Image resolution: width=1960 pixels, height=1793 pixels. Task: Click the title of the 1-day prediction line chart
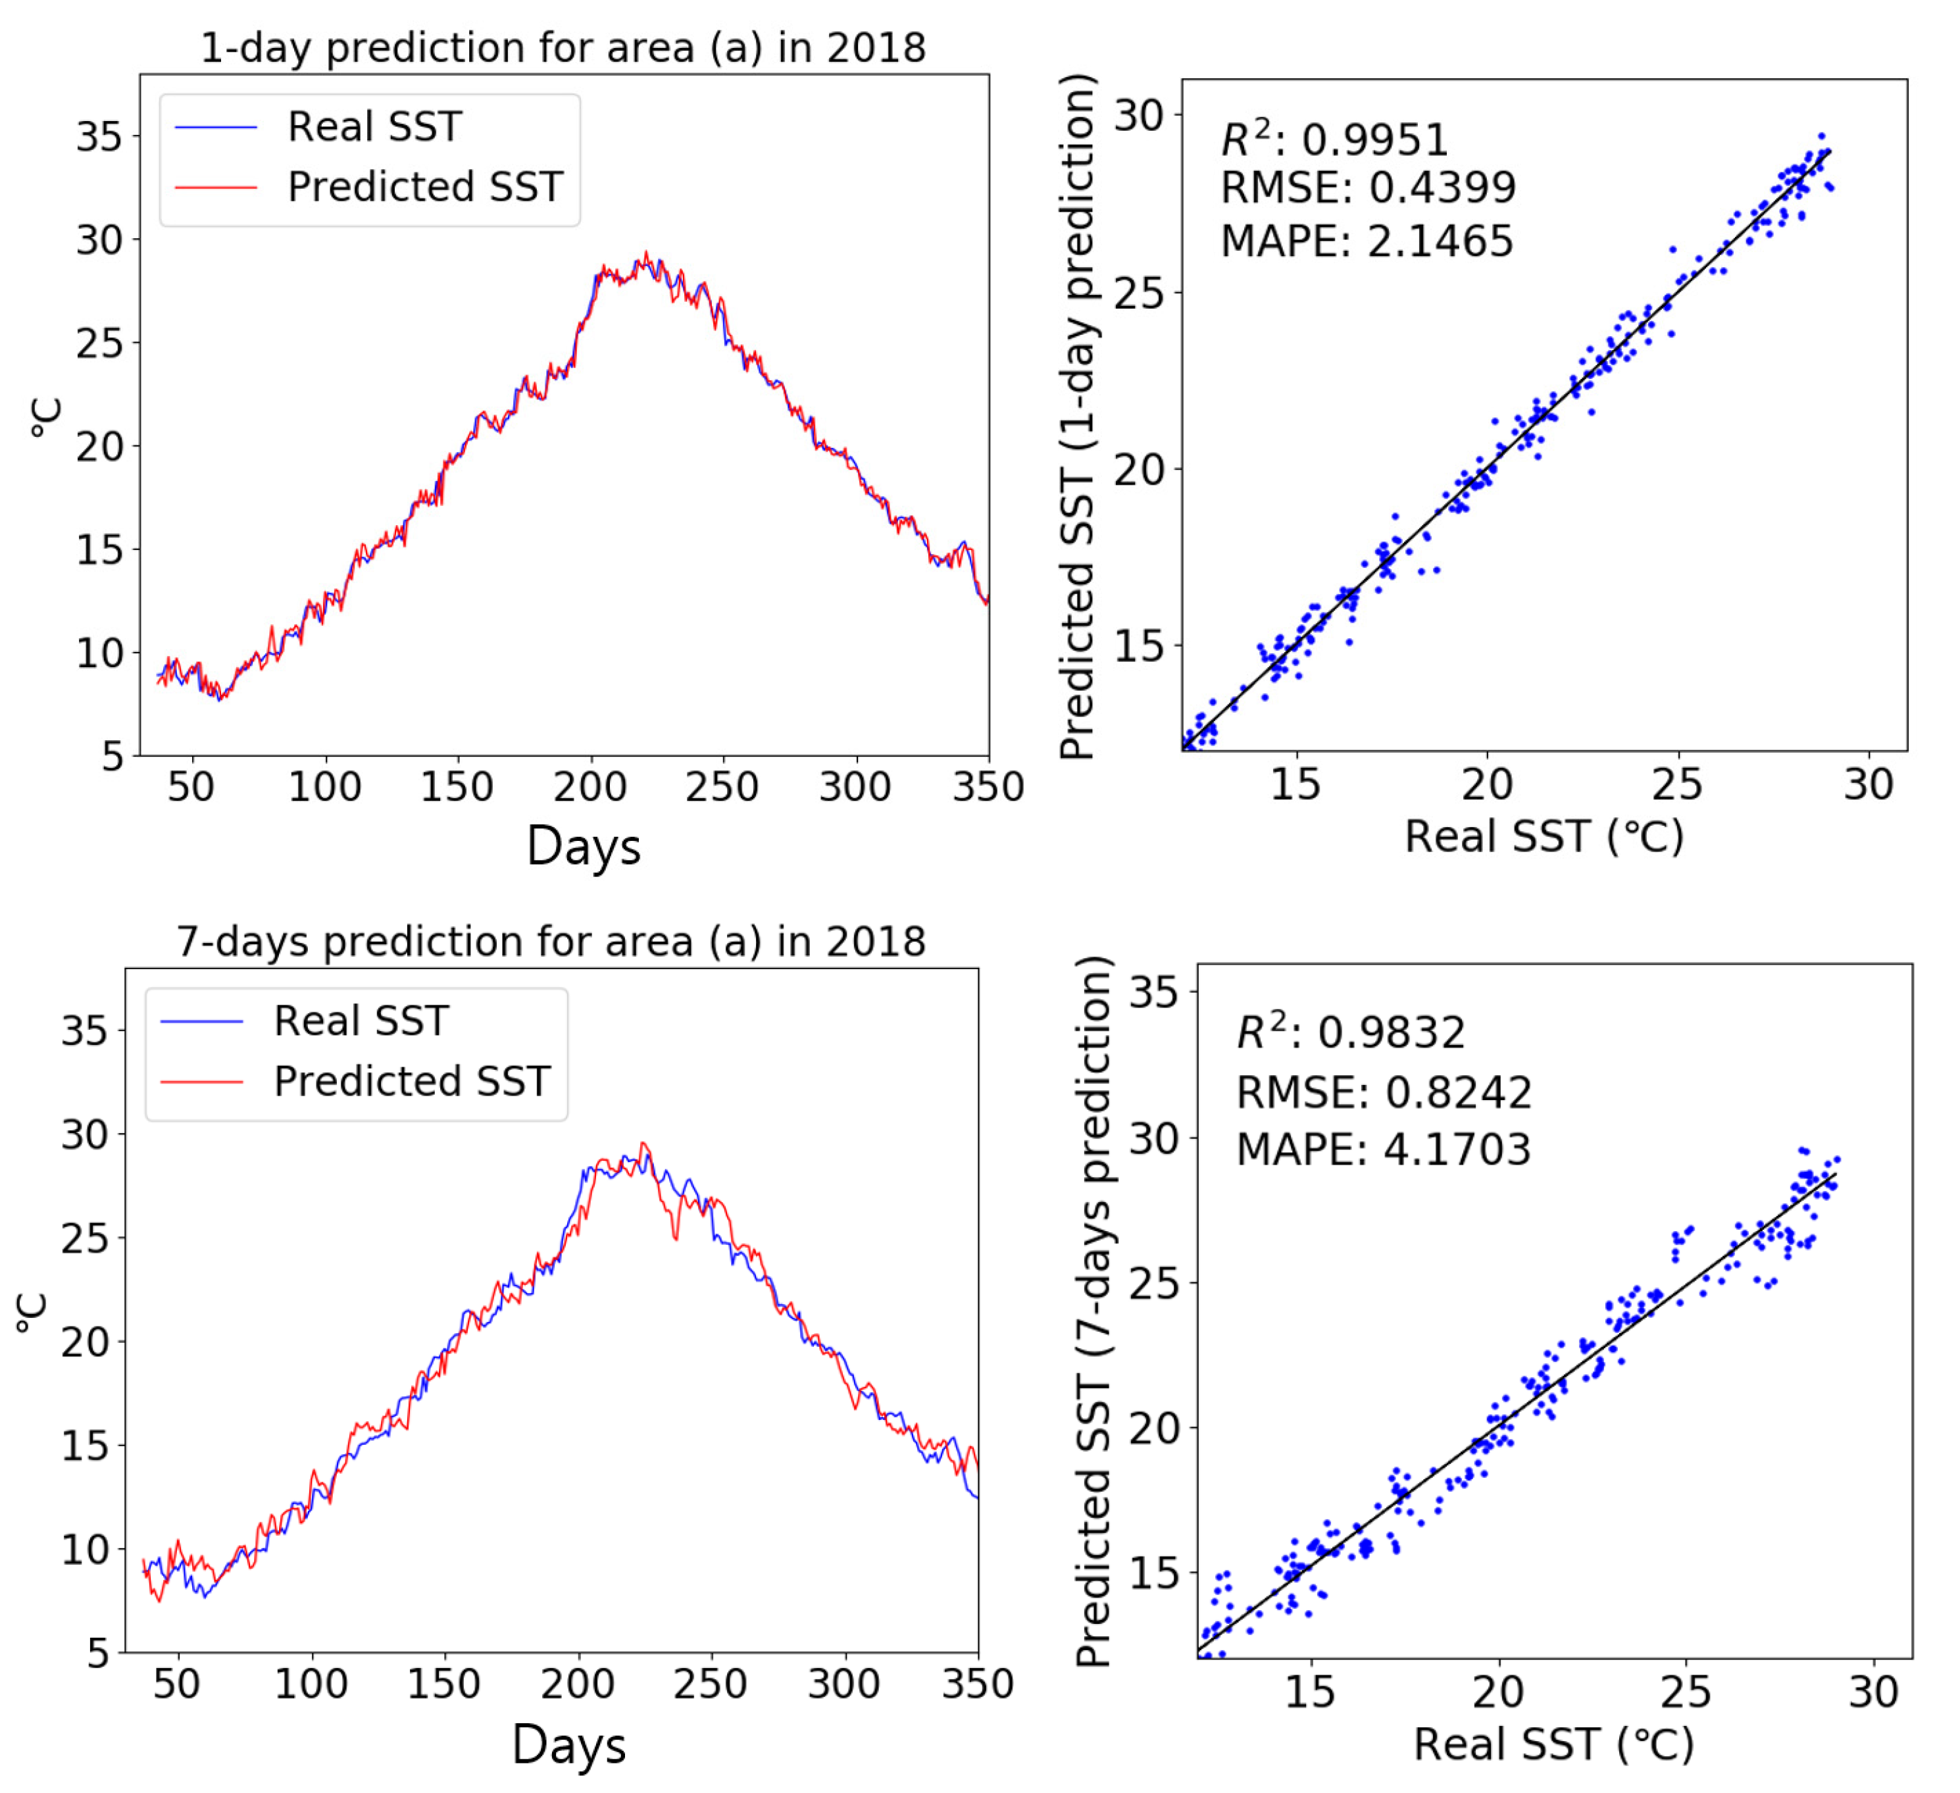coord(563,47)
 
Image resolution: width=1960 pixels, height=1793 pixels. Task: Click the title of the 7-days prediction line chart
coord(551,941)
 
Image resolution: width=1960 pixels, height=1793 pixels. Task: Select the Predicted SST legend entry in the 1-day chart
coord(425,187)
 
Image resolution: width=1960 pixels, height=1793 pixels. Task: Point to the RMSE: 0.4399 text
coord(1368,188)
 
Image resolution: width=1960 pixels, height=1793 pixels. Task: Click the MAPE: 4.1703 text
coord(1384,1149)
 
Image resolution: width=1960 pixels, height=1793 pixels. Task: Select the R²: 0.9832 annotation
coord(1350,1032)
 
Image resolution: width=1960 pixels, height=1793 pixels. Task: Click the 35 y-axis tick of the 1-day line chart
coord(100,137)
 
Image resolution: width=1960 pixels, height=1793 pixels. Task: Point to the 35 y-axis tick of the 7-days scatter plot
coord(1153,993)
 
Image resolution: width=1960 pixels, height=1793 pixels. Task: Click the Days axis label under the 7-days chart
coord(568,1744)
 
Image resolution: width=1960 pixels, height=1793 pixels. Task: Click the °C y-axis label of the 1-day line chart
coord(45,417)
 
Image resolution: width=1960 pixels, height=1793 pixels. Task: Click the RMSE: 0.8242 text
coord(1384,1093)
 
